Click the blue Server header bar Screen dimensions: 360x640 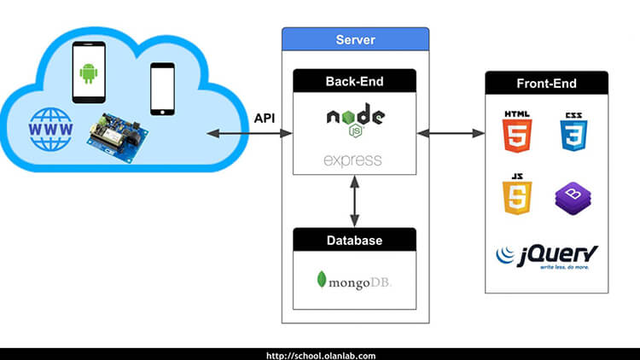pos(356,39)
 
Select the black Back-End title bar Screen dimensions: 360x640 pos(355,82)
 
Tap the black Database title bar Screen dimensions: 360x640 pos(355,241)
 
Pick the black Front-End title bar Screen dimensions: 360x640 pos(546,84)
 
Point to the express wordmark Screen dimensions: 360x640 pos(353,160)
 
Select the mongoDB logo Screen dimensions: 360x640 pos(354,279)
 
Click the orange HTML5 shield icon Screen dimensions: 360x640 pos(517,131)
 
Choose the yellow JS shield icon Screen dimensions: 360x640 pos(517,195)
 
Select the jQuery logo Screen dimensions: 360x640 pos(547,256)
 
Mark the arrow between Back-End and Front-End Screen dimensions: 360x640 pos(451,133)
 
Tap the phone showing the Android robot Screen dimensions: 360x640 pos(88,72)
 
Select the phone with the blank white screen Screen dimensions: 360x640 pos(162,88)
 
